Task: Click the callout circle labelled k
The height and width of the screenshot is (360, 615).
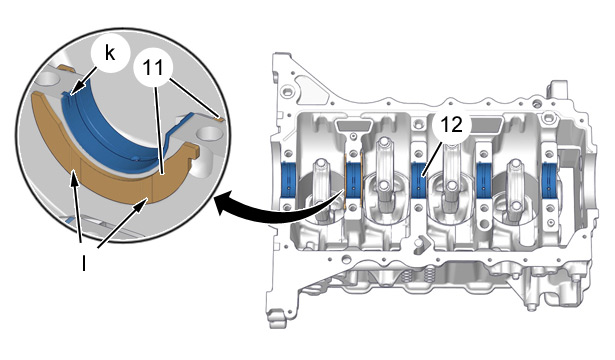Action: click(110, 54)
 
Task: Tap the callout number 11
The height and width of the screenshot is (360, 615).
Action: click(153, 68)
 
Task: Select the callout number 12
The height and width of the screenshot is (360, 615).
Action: click(451, 125)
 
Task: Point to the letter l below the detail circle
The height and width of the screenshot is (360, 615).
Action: click(84, 263)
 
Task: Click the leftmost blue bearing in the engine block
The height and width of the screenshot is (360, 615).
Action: click(290, 179)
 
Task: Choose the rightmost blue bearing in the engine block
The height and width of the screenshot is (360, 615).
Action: click(549, 180)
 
